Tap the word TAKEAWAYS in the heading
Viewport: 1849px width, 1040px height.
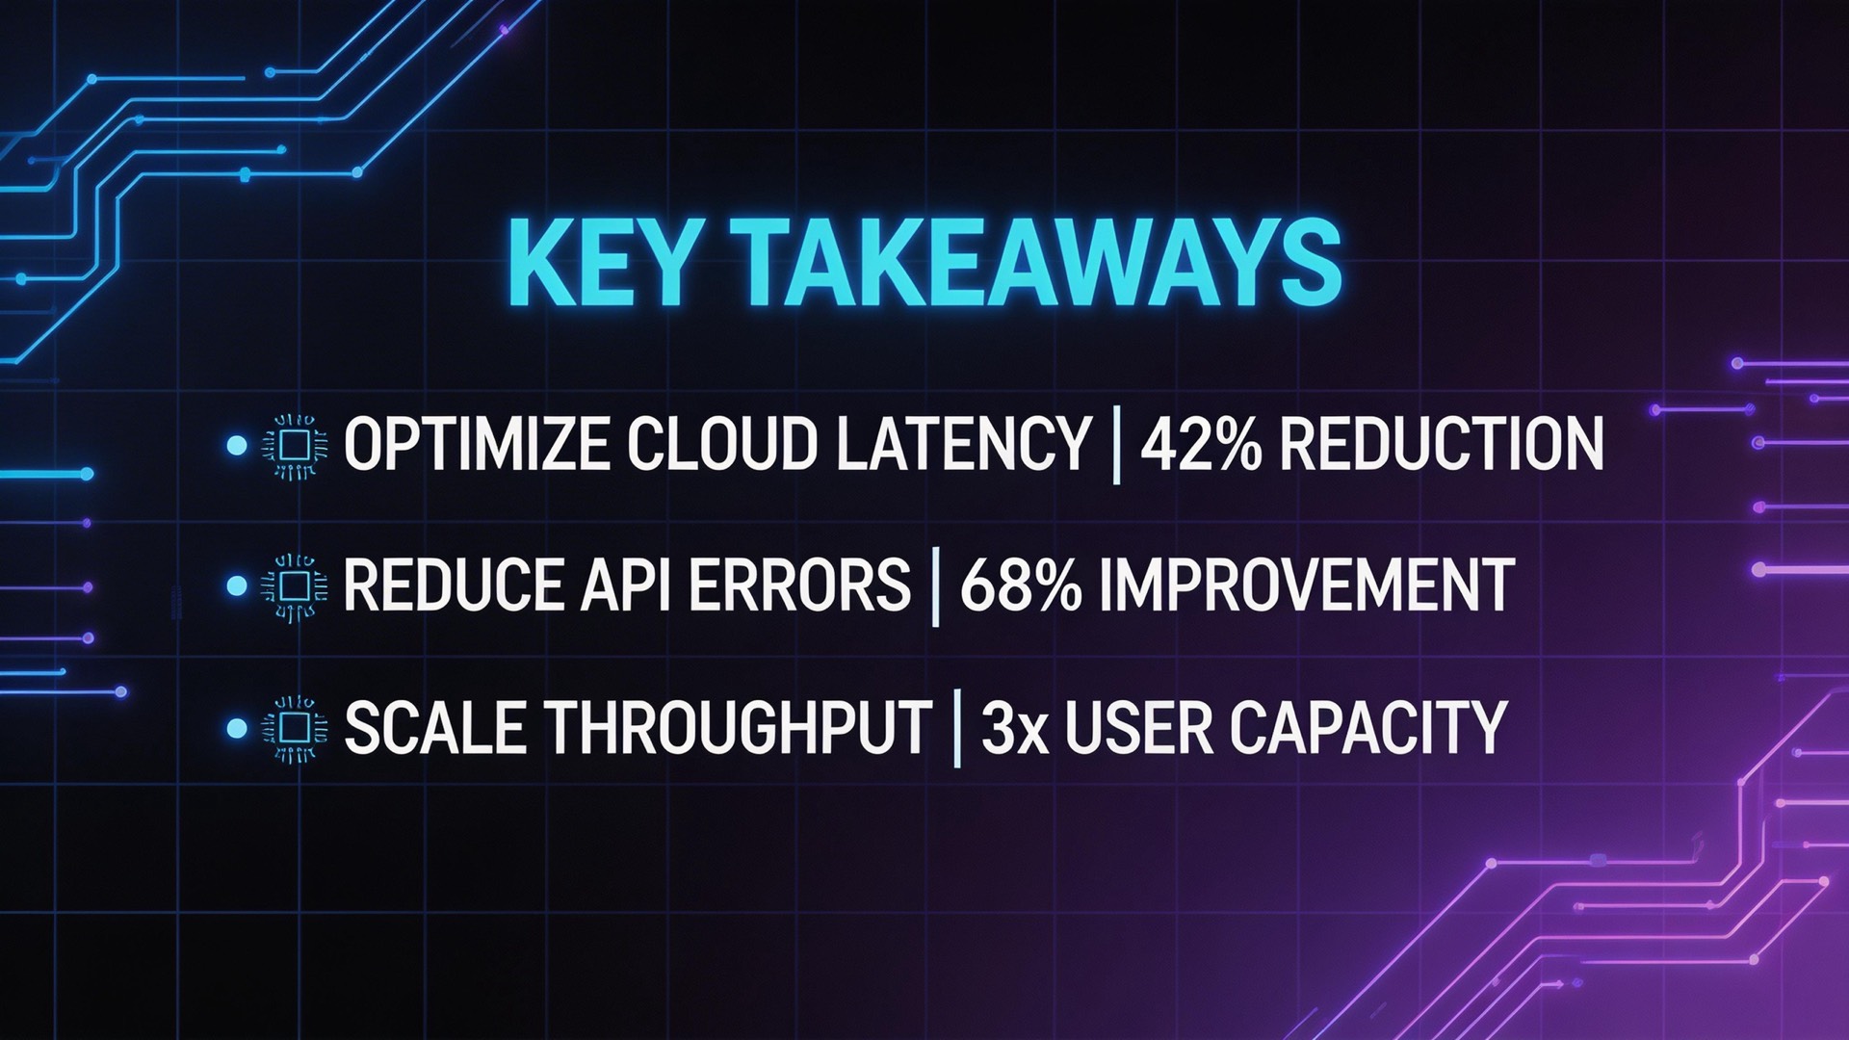[x=1029, y=263]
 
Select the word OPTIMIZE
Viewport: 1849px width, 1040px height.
[x=476, y=445]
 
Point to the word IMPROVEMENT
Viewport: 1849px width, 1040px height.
[x=1306, y=585]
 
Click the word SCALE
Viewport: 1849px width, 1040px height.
[x=435, y=726]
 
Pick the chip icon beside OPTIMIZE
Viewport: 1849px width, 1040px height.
[x=295, y=446]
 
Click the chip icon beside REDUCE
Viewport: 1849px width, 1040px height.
[x=295, y=585]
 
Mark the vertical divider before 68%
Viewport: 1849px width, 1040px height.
[x=935, y=586]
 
